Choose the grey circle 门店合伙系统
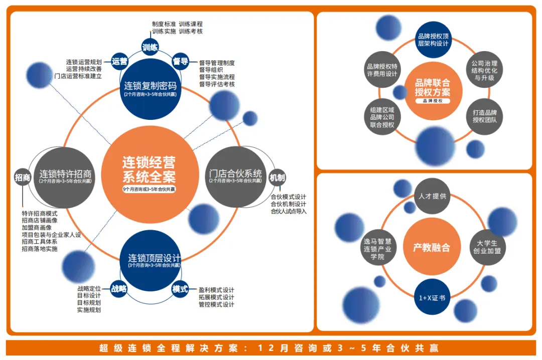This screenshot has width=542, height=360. [x=235, y=177]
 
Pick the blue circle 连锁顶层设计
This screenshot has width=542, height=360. [x=150, y=260]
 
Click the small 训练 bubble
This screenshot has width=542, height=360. [x=150, y=48]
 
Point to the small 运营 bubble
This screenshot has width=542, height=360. [x=119, y=61]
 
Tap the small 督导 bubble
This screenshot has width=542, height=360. [x=180, y=61]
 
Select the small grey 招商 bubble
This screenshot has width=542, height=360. [x=23, y=177]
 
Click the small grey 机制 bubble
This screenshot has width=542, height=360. [x=277, y=177]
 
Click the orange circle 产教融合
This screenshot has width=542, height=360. [x=432, y=247]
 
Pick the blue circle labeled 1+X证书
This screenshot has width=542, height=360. [x=432, y=297]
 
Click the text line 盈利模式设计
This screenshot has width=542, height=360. [x=216, y=290]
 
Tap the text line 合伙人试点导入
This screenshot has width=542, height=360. [x=288, y=211]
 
